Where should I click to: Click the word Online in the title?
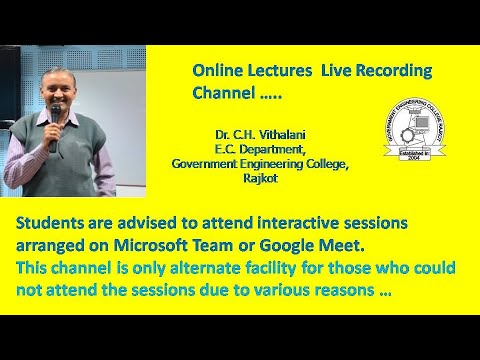pyautogui.click(x=217, y=72)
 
